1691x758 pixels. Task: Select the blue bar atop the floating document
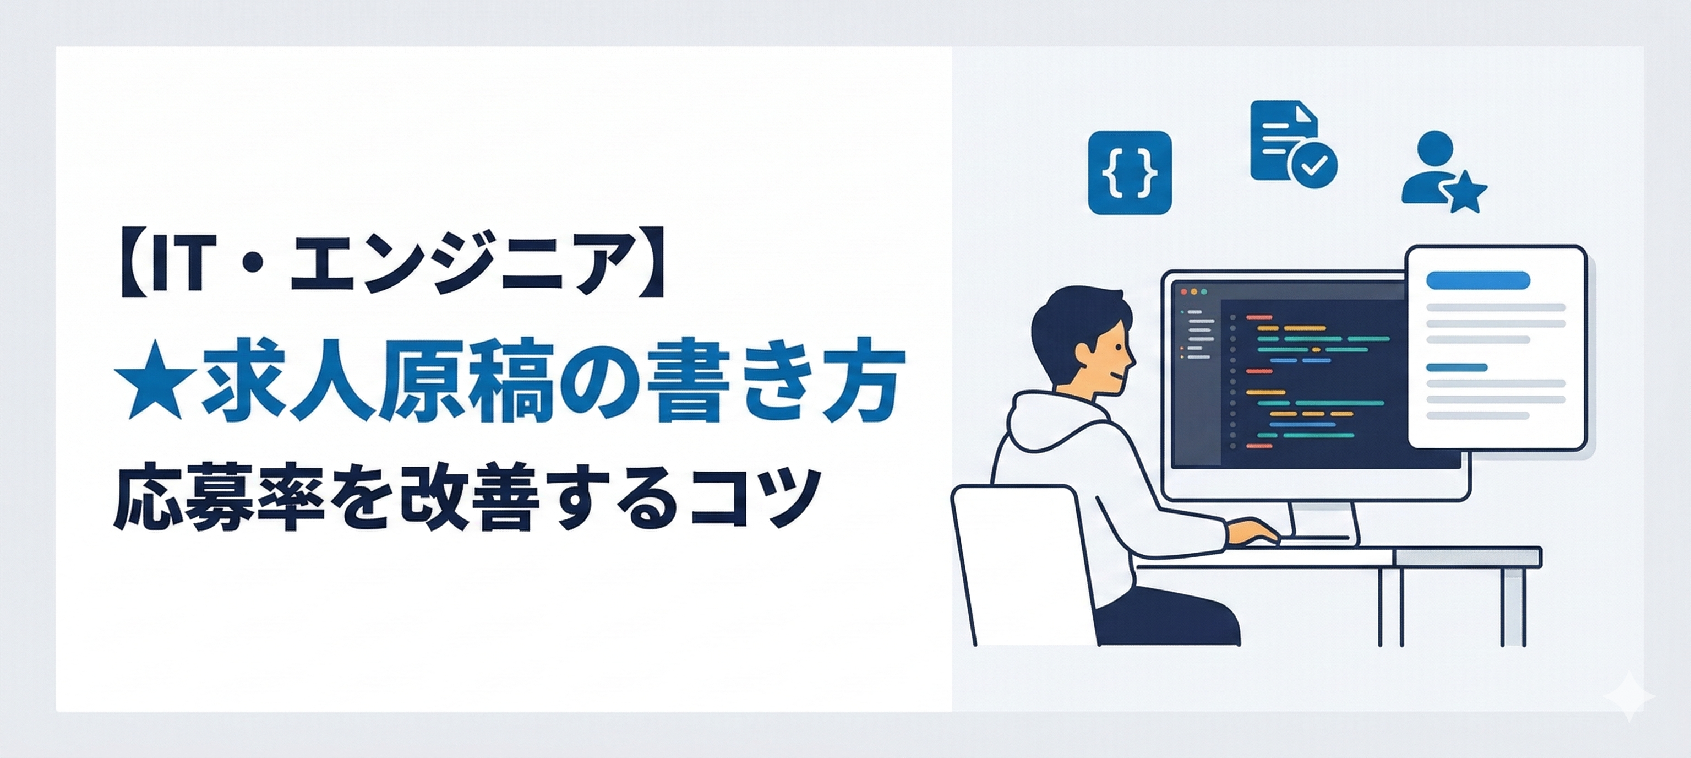click(1479, 280)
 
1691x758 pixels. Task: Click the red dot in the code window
click(1183, 291)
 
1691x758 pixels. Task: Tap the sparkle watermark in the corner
click(1629, 697)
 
